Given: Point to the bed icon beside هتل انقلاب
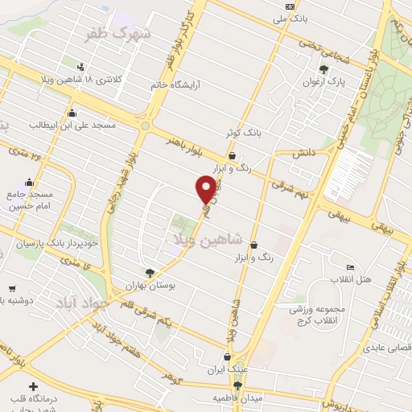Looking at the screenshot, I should click(x=349, y=267).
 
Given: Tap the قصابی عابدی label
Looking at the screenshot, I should click(x=387, y=347).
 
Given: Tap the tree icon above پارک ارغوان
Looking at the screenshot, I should click(x=324, y=70).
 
